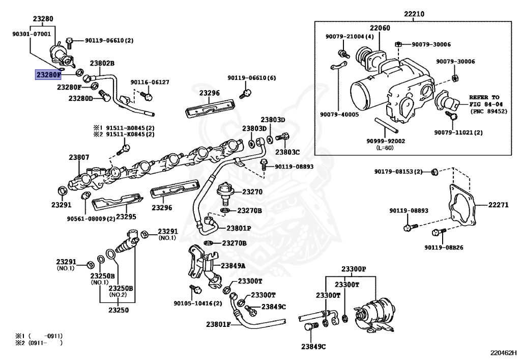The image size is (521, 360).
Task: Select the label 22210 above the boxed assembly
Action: [414, 14]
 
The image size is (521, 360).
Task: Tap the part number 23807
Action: [79, 157]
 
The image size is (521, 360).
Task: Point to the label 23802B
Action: [102, 64]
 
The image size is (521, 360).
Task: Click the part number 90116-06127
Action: [150, 82]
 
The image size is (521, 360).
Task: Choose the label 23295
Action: [126, 216]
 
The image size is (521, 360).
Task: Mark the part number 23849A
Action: [233, 265]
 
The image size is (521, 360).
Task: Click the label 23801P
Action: [239, 228]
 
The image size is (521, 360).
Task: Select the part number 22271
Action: [498, 205]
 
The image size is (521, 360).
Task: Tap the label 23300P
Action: [354, 268]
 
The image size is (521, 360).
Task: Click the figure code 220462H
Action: [503, 351]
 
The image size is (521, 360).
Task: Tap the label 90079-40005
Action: [339, 114]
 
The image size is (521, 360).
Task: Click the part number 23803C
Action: [287, 152]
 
